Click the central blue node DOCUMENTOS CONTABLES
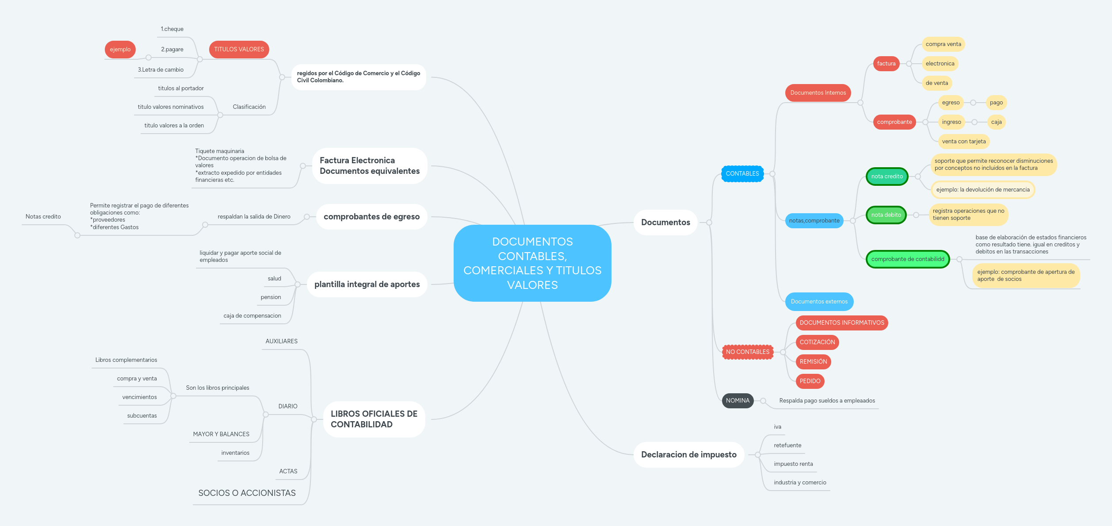click(x=532, y=263)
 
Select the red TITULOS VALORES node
click(x=239, y=50)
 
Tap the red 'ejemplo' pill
click(x=120, y=50)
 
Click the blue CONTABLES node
click(x=742, y=174)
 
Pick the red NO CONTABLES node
click(x=748, y=352)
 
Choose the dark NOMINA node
click(x=738, y=401)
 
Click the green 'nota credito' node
click(x=887, y=177)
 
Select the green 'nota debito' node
click(x=886, y=215)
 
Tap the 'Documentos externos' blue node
click(x=819, y=302)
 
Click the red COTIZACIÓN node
click(x=817, y=342)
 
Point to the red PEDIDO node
click(x=810, y=381)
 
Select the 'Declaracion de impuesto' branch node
click(x=688, y=455)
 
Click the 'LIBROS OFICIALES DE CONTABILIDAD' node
click(x=374, y=419)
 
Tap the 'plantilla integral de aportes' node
click(x=367, y=284)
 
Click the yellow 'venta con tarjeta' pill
click(x=964, y=142)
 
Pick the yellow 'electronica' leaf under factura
click(x=940, y=64)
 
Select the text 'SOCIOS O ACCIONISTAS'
click(x=247, y=493)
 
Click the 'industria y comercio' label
click(x=800, y=483)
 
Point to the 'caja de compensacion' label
click(x=252, y=316)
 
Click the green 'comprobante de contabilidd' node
click(x=908, y=259)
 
